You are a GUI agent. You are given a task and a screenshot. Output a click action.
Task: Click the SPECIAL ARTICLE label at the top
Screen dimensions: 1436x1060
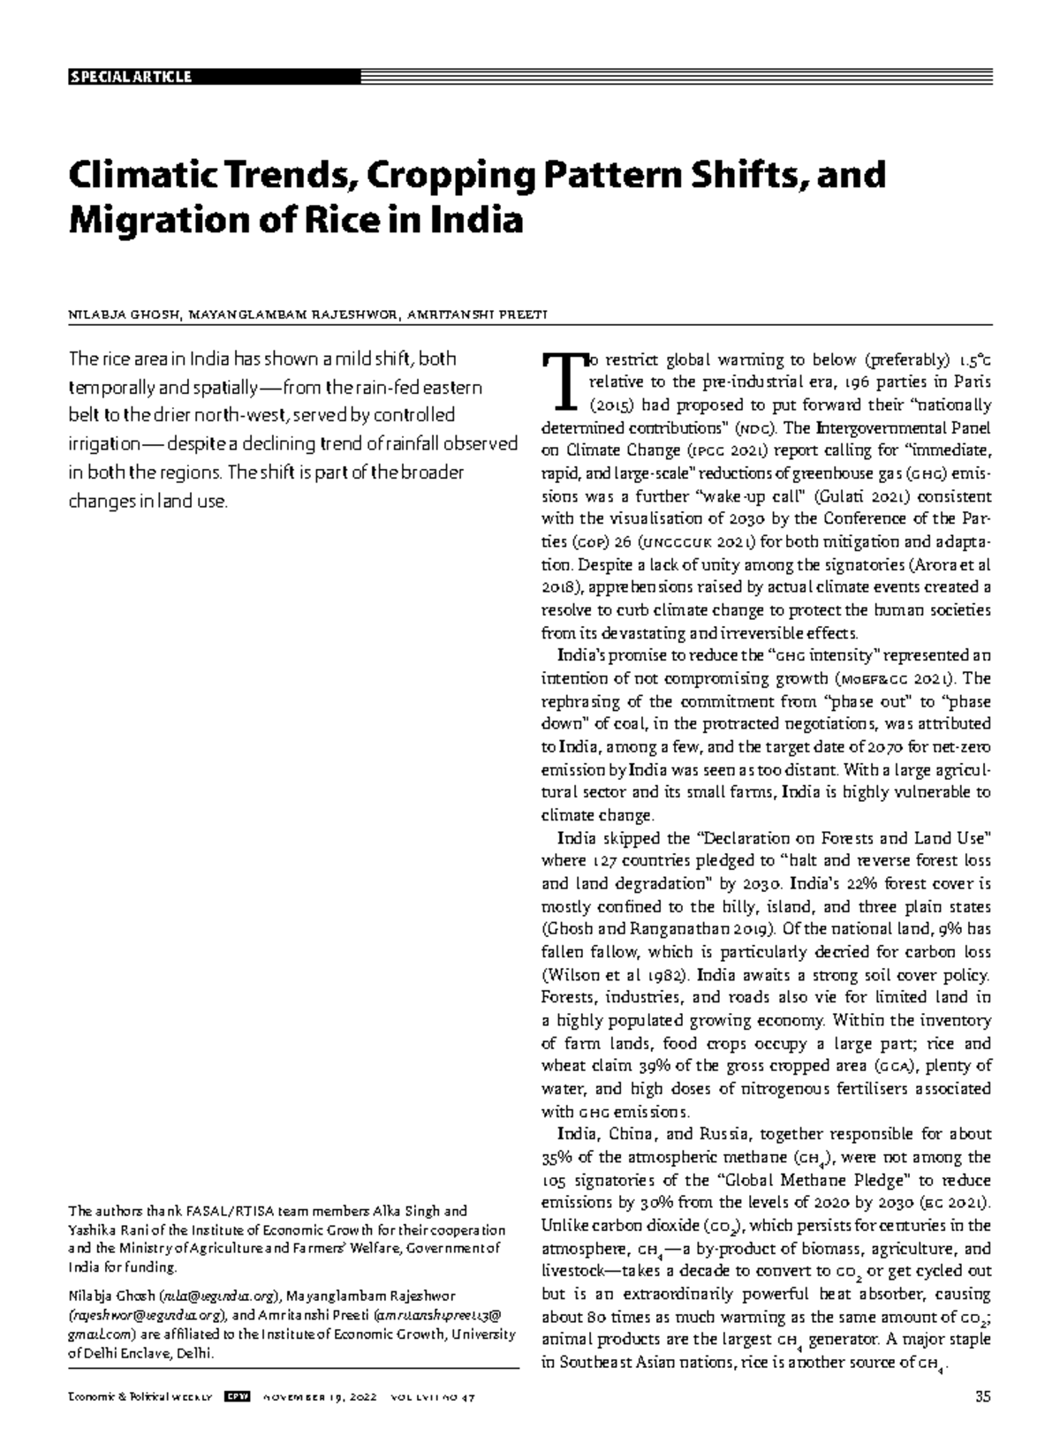tap(130, 77)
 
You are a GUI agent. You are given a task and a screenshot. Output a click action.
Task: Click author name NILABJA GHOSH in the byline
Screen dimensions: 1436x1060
tap(125, 314)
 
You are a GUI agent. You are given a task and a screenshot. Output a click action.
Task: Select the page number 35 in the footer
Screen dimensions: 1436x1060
tap(983, 1397)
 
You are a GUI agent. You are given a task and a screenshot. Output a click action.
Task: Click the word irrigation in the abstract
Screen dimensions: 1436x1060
tap(99, 445)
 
